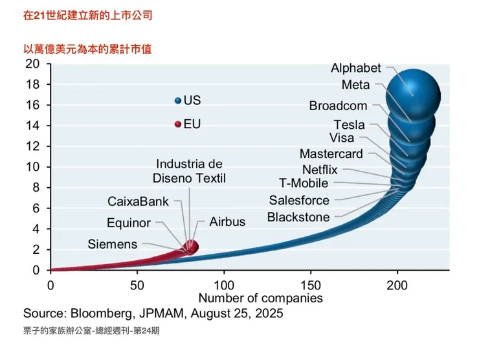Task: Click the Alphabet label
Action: pyautogui.click(x=356, y=68)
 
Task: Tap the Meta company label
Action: pyautogui.click(x=355, y=85)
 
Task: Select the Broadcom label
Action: pyautogui.click(x=338, y=106)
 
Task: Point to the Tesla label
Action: pyautogui.click(x=349, y=125)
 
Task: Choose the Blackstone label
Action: pyautogui.click(x=298, y=218)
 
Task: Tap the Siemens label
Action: pyautogui.click(x=113, y=244)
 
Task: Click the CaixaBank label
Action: pyautogui.click(x=138, y=201)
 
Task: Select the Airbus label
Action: pyautogui.click(x=227, y=221)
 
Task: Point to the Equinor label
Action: pyautogui.click(x=129, y=223)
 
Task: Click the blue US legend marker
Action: pyautogui.click(x=178, y=100)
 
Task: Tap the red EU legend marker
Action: pyautogui.click(x=178, y=124)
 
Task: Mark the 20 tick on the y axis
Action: pyautogui.click(x=32, y=63)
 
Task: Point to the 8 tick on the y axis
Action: pyautogui.click(x=36, y=188)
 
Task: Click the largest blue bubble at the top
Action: pyautogui.click(x=413, y=95)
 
